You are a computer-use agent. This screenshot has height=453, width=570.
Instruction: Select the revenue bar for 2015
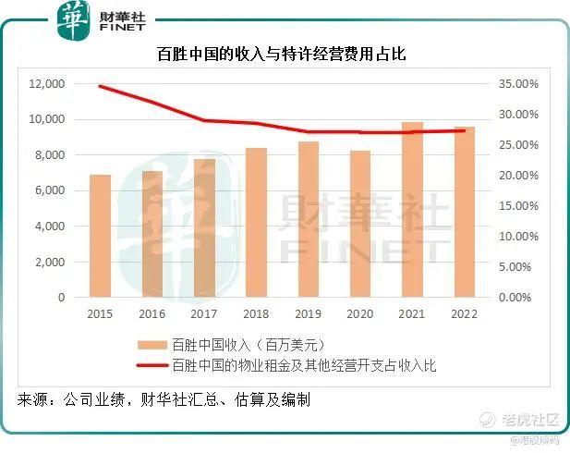coord(100,236)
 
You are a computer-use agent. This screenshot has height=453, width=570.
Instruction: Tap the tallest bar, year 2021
coord(412,210)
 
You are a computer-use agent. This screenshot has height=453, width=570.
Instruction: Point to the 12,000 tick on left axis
coord(46,84)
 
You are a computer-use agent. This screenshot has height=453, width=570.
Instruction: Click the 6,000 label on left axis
coord(49,190)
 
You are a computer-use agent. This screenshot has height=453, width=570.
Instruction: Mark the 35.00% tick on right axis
coord(518,84)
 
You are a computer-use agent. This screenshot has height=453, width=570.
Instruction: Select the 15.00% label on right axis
coord(518,206)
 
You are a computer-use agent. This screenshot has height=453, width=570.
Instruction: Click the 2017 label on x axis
coord(204,314)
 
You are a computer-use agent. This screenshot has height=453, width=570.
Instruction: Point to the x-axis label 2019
coord(308,314)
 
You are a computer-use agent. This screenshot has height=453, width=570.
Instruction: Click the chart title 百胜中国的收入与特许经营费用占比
coord(283,56)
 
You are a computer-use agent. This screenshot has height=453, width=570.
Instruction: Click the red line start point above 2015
coord(100,86)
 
